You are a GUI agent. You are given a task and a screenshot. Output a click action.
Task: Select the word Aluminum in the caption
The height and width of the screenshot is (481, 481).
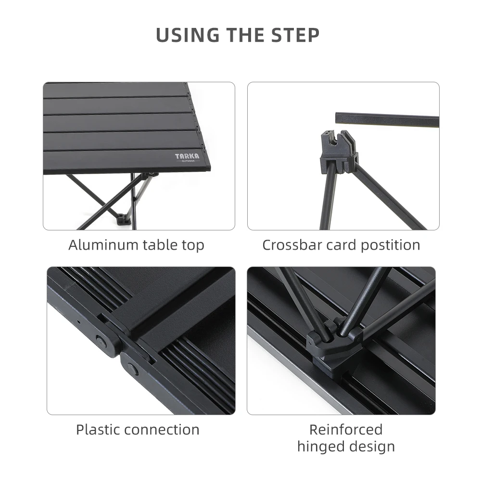(103, 245)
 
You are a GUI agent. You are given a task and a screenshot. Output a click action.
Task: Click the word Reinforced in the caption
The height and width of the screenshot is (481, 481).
(346, 430)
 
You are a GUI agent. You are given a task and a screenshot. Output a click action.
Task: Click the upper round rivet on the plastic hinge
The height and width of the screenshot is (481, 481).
(100, 341)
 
